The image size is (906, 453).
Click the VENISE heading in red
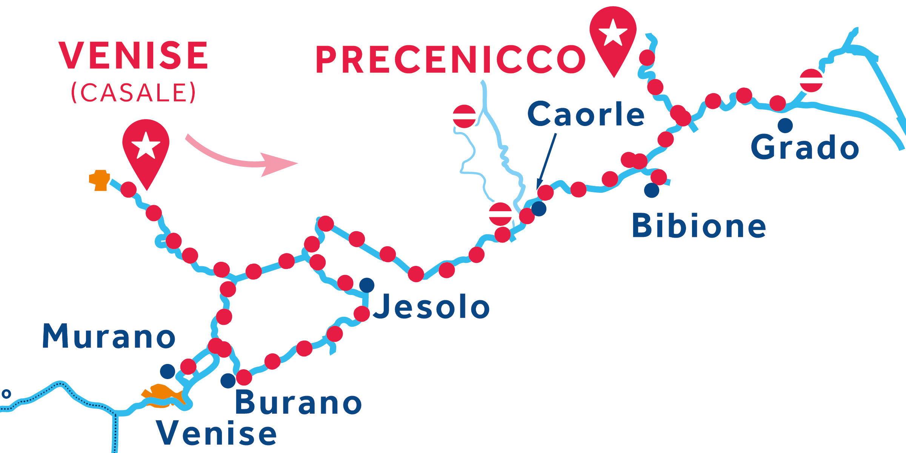(x=133, y=55)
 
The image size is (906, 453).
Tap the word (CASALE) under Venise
(x=133, y=93)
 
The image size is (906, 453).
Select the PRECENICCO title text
(x=451, y=60)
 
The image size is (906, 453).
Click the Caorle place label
(x=586, y=114)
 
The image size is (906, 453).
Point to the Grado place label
(x=805, y=147)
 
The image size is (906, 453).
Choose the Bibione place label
(x=699, y=226)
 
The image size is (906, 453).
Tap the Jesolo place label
(x=431, y=306)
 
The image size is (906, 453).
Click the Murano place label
(x=109, y=336)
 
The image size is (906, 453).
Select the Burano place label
(x=298, y=402)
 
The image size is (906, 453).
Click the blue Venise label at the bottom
(x=217, y=433)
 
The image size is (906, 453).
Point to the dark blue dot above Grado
(x=785, y=126)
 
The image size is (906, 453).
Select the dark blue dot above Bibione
(x=652, y=190)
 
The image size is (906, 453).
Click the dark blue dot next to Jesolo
(x=367, y=285)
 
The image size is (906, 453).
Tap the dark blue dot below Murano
(x=168, y=372)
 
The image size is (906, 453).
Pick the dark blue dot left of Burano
(x=228, y=381)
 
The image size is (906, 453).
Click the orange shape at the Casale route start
(x=100, y=180)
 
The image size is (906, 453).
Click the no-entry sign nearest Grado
(x=811, y=80)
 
